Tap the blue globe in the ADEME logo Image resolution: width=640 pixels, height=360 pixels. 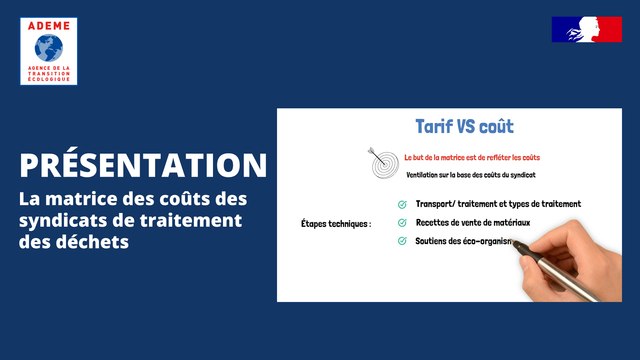pyautogui.click(x=47, y=47)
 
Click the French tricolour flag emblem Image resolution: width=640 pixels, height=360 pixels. pyautogui.click(x=586, y=29)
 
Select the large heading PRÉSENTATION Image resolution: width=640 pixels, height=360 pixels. pyautogui.click(x=143, y=165)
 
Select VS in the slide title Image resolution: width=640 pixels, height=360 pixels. pyautogui.click(x=468, y=127)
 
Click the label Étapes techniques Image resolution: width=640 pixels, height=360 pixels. pyautogui.click(x=335, y=224)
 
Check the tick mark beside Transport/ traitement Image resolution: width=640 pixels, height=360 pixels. pyautogui.click(x=373, y=205)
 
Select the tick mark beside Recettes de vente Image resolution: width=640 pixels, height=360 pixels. pyautogui.click(x=373, y=223)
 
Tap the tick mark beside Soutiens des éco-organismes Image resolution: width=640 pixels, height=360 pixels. pyautogui.click(x=373, y=241)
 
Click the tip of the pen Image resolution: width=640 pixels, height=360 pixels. pyautogui.click(x=511, y=243)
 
